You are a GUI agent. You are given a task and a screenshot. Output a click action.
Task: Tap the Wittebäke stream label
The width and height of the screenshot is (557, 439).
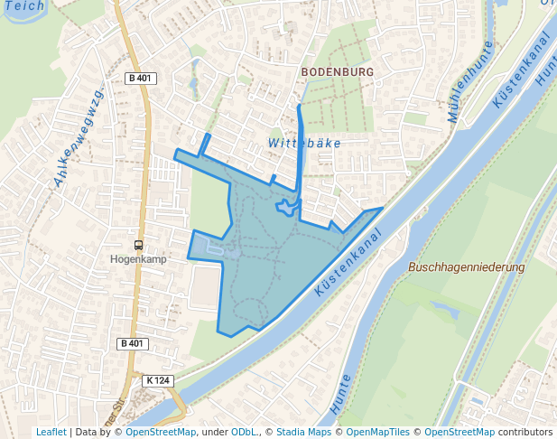pyautogui.click(x=306, y=143)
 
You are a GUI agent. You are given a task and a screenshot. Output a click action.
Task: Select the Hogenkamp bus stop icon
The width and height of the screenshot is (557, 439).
pyautogui.click(x=138, y=245)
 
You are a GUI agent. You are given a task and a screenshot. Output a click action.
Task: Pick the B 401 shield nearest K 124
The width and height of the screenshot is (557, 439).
pyautogui.click(x=132, y=343)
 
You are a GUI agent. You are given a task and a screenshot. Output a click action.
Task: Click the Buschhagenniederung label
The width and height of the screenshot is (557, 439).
pyautogui.click(x=466, y=267)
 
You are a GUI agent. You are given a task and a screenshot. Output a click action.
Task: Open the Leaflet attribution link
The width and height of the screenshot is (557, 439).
pyautogui.click(x=51, y=432)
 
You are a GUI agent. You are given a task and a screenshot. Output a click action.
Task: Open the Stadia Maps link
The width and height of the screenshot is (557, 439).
pyautogui.click(x=304, y=432)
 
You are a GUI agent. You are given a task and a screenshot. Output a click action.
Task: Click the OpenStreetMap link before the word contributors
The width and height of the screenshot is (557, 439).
pyautogui.click(x=459, y=432)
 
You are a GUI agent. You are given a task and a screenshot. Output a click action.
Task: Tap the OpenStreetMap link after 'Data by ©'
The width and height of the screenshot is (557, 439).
pyautogui.click(x=161, y=432)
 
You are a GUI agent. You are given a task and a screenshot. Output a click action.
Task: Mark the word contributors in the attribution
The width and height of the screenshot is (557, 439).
pyautogui.click(x=525, y=432)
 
